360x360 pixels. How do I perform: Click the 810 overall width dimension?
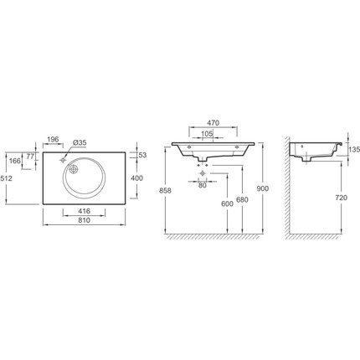tap(84, 220)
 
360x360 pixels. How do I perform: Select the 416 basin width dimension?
tap(84, 211)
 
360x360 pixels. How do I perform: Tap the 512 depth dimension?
tap(7, 178)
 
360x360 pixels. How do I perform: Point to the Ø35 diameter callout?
tap(80, 142)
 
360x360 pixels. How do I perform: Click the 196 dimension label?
tap(53, 139)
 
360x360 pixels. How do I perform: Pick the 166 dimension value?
tap(15, 161)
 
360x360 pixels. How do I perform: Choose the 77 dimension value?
tap(30, 157)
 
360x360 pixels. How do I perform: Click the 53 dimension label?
tap(142, 155)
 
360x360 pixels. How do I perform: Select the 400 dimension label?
tap(136, 178)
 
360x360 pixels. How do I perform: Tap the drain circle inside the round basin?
tap(74, 169)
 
